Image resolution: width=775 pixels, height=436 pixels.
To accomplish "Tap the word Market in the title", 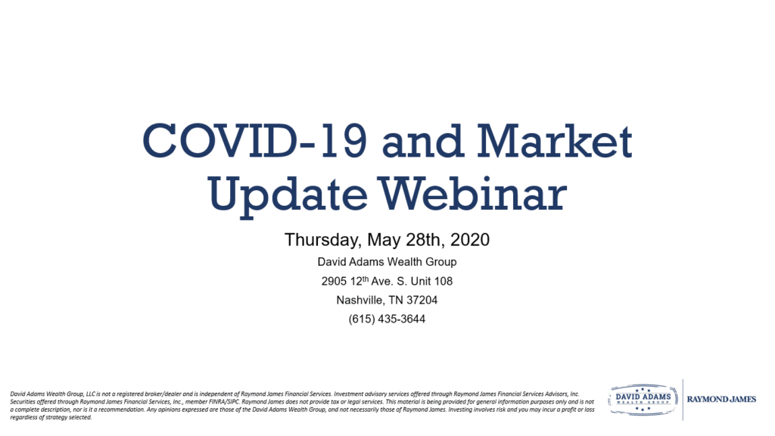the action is click(555, 141).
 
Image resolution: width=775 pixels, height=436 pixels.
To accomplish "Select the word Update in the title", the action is click(288, 195).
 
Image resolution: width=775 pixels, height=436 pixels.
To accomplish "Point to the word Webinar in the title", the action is click(472, 193).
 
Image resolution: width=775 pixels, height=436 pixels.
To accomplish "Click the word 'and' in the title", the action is click(422, 141).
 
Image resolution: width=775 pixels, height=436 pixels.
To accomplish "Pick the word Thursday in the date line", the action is click(322, 240).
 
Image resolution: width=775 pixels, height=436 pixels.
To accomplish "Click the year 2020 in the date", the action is click(470, 240).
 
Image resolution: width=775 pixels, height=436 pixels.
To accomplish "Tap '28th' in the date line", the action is click(423, 240).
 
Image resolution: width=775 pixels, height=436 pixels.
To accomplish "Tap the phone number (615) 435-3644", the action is click(387, 319).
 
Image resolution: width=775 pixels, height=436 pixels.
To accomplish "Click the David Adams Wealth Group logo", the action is click(643, 400).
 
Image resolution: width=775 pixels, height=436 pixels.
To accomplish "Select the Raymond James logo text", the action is click(721, 400).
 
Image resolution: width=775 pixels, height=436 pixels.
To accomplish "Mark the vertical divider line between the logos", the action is click(683, 400).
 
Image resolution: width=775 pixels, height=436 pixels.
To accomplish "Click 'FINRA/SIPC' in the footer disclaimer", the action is click(224, 402).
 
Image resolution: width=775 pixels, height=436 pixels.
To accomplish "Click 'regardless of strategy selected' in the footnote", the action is click(51, 417).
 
